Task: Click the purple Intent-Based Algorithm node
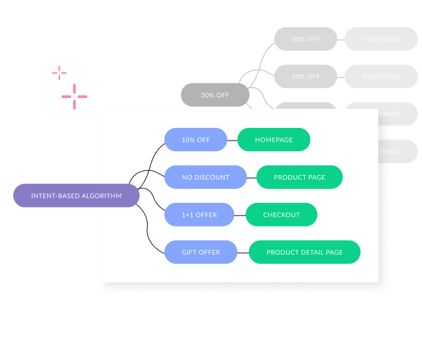point(76,196)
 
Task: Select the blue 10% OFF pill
point(195,140)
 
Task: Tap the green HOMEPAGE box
point(274,140)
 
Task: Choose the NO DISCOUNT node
point(205,177)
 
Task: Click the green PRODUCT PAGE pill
point(299,177)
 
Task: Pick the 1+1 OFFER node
point(199,215)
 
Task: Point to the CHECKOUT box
point(281,215)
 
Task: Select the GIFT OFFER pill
point(200,252)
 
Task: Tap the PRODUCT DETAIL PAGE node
point(304,252)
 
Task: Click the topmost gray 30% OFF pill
point(305,39)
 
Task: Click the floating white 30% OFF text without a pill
point(215,95)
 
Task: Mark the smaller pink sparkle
point(59,73)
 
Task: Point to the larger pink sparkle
point(74,97)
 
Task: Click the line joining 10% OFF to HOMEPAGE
point(232,140)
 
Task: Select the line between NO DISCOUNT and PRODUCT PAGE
point(251,177)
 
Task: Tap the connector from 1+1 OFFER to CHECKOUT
point(240,215)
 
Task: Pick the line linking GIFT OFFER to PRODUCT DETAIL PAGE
point(242,252)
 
